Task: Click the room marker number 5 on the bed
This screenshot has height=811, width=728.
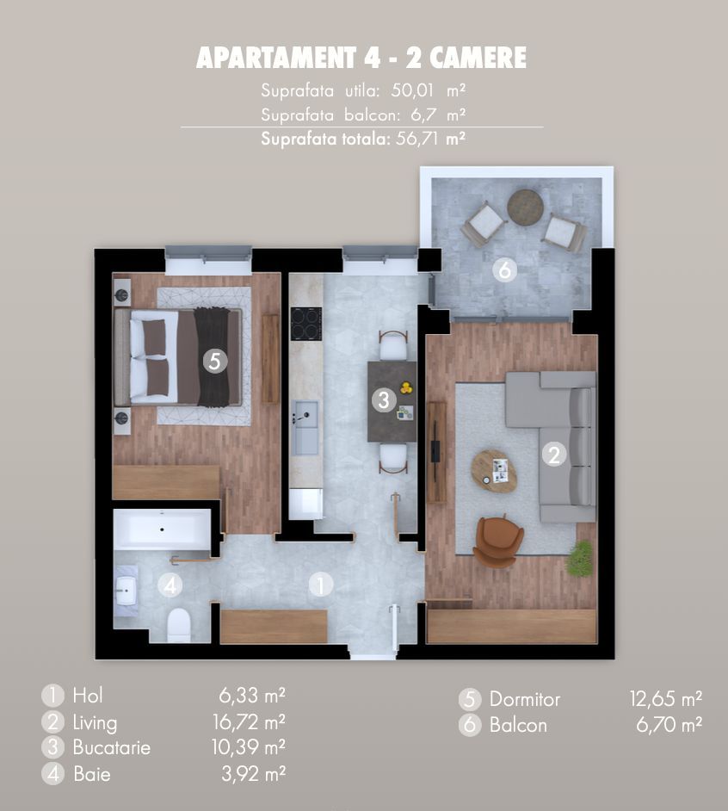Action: point(215,361)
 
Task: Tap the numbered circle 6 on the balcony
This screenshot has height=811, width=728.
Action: point(504,270)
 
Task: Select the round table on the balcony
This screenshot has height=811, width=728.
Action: point(525,207)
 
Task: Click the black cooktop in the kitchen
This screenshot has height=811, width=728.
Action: point(305,324)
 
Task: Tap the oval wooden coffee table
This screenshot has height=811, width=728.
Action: point(494,471)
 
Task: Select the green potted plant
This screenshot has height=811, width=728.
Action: point(580,559)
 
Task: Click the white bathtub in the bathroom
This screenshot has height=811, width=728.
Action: point(163,528)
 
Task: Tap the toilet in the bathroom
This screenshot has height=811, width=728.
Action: point(179,624)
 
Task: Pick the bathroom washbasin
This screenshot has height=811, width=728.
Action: point(126,591)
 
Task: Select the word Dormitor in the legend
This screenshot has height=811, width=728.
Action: point(524,699)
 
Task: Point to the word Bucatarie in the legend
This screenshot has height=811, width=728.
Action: point(111,747)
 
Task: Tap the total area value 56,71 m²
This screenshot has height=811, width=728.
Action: point(429,138)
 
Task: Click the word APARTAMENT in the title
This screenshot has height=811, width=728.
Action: point(271,59)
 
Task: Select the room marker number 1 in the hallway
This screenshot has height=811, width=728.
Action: point(320,585)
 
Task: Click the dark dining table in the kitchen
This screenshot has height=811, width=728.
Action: point(392,401)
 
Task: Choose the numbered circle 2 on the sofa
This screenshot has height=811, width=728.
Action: point(554,455)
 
